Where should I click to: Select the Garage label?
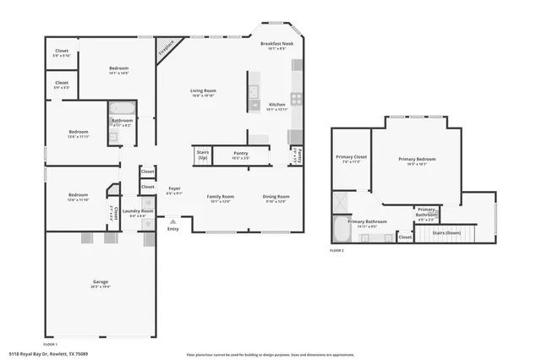pyautogui.click(x=101, y=283)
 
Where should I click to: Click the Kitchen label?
pyautogui.click(x=277, y=106)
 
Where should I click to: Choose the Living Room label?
pyautogui.click(x=202, y=92)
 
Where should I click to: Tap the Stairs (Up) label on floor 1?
pyautogui.click(x=203, y=156)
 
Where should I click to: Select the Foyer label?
pyautogui.click(x=173, y=190)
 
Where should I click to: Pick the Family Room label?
pyautogui.click(x=220, y=198)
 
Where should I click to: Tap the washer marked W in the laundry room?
pyautogui.click(x=148, y=202)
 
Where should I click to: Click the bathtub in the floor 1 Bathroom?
pyautogui.click(x=121, y=107)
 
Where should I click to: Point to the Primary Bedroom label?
pyautogui.click(x=418, y=161)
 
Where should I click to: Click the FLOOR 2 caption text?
pyautogui.click(x=337, y=251)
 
